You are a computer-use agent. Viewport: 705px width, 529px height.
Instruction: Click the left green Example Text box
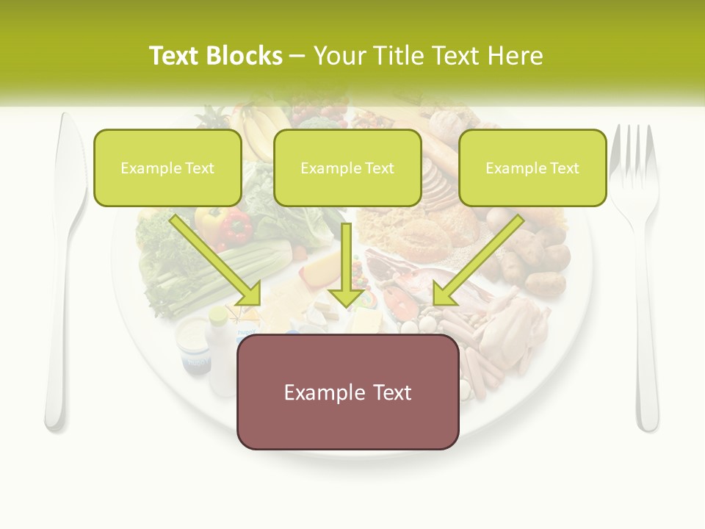pos(167,168)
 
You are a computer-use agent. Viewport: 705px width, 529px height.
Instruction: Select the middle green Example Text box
pos(347,168)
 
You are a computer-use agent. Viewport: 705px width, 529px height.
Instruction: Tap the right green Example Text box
pos(532,168)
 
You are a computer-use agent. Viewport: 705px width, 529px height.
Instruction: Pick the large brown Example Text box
pos(347,392)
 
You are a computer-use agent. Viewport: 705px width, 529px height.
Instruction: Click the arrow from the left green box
pos(217,260)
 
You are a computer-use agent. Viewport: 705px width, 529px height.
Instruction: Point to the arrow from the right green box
pos(477,260)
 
